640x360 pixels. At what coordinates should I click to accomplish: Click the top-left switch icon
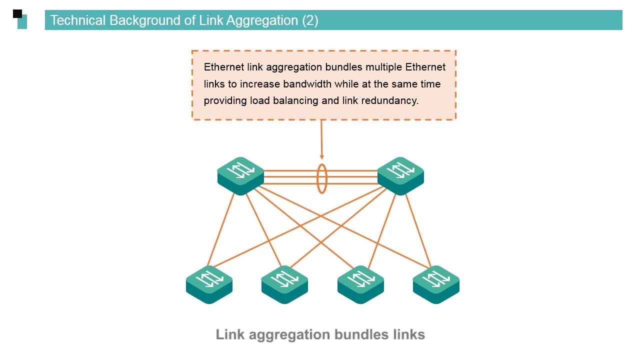[240, 175]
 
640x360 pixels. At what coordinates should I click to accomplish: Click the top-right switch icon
[400, 175]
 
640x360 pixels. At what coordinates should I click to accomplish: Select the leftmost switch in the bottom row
[209, 283]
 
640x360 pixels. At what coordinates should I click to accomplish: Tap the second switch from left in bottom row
[284, 283]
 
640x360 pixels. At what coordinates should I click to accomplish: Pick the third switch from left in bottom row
[360, 283]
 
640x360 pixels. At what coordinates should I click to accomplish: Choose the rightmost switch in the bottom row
[436, 283]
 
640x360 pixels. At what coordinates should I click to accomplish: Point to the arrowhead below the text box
[321, 157]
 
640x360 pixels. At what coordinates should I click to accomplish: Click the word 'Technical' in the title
[78, 20]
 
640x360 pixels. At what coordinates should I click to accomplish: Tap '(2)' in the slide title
[310, 20]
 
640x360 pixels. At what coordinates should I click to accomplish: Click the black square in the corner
[17, 13]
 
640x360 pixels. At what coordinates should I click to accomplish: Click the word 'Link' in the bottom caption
[230, 334]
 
